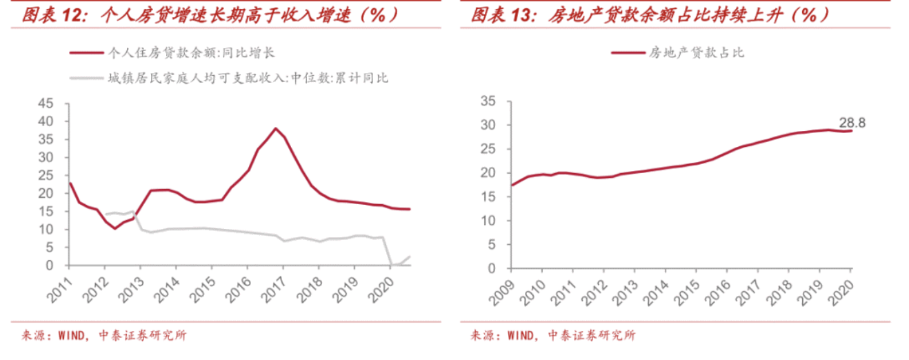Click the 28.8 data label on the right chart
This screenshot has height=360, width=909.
pos(852,123)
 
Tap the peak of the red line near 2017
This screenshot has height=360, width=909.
pos(276,128)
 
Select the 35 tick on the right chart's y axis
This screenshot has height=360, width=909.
pos(487,101)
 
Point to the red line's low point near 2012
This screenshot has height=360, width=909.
pos(114,228)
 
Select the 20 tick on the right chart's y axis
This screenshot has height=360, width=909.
pos(487,173)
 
